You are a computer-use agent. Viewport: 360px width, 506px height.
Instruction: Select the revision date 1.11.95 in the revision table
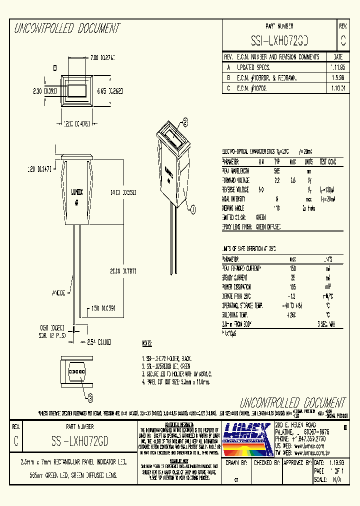[x=338, y=66]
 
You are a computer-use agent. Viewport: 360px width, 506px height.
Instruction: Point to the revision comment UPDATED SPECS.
[x=255, y=66]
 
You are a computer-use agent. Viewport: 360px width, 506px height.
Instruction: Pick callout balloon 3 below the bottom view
[x=90, y=398]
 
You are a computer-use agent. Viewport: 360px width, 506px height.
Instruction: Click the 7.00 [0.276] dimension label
[x=102, y=58]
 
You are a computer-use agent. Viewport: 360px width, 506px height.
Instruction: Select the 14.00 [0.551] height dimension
[x=123, y=192]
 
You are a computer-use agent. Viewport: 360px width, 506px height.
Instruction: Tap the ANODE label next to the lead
[x=59, y=292]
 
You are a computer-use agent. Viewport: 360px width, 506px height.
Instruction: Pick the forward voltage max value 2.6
[x=293, y=180]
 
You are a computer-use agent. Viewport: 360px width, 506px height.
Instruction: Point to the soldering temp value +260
[x=292, y=314]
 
